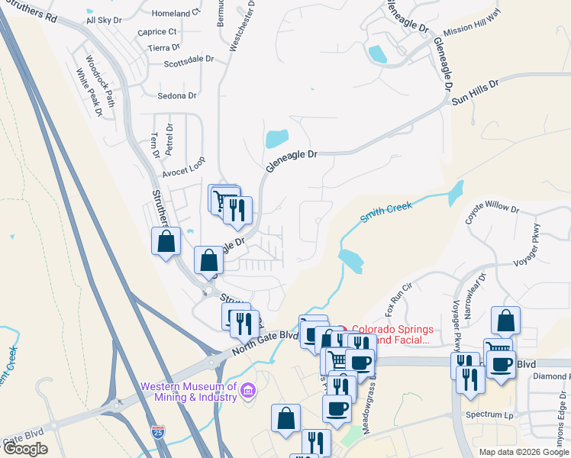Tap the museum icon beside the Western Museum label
point(247,392)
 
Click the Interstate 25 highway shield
point(158,433)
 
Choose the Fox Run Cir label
point(398,298)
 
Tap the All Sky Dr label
point(105,21)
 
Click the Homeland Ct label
point(176,14)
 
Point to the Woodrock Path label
point(99,79)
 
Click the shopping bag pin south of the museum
point(285,419)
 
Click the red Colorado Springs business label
point(392,335)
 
